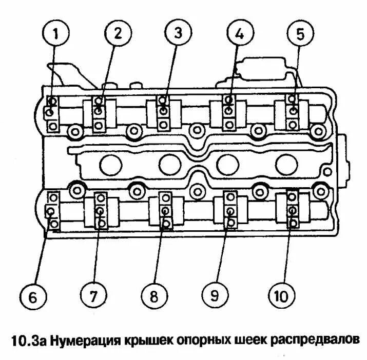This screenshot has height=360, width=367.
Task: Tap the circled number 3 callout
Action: click(x=178, y=33)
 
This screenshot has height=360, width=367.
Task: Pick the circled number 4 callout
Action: click(x=239, y=33)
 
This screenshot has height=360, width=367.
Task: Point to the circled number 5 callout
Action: click(x=300, y=34)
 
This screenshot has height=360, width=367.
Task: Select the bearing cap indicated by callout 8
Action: click(x=165, y=210)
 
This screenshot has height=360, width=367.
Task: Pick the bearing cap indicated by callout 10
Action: click(x=292, y=210)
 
